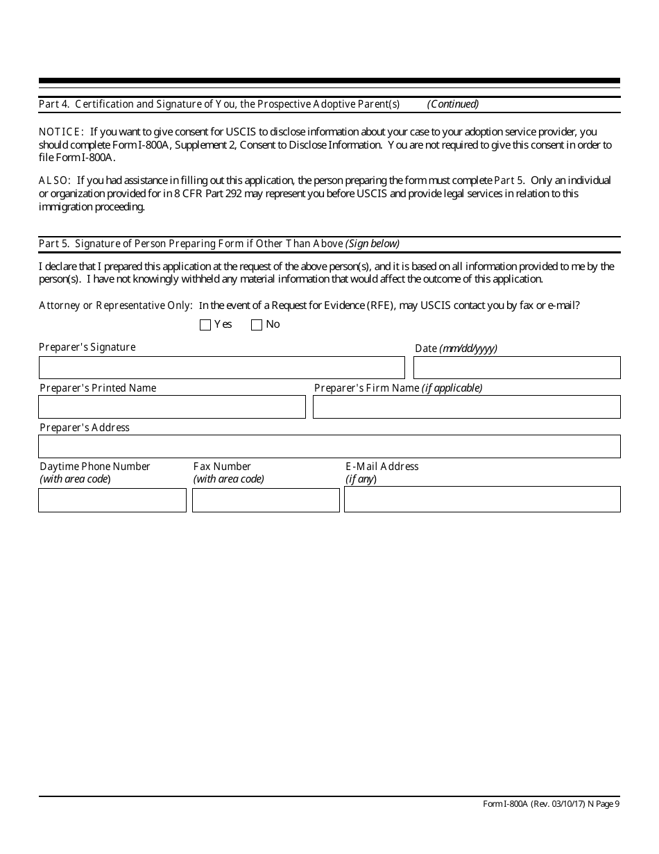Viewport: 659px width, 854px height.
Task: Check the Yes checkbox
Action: pyautogui.click(x=205, y=325)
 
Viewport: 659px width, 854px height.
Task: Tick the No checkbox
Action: pyautogui.click(x=257, y=325)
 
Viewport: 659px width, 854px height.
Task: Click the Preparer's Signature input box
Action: pyautogui.click(x=221, y=367)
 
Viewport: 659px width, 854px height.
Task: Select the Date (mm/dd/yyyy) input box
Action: pyautogui.click(x=517, y=367)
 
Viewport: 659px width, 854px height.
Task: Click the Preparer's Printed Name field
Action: pyautogui.click(x=172, y=407)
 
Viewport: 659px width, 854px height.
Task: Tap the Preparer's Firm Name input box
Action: pyautogui.click(x=466, y=407)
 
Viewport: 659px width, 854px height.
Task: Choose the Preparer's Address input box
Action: pyautogui.click(x=329, y=446)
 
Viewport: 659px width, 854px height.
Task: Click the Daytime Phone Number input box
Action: pyautogui.click(x=112, y=500)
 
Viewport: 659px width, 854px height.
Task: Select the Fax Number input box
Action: pyautogui.click(x=266, y=500)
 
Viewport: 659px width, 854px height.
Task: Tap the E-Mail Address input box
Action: pyautogui.click(x=482, y=499)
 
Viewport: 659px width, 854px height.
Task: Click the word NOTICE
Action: pyautogui.click(x=61, y=132)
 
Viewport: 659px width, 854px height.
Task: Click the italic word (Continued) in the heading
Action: pyautogui.click(x=453, y=104)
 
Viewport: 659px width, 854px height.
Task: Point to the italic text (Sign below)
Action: pyautogui.click(x=373, y=244)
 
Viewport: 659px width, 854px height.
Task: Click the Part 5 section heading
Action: pyautogui.click(x=191, y=244)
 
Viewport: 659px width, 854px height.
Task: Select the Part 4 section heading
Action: pyautogui.click(x=219, y=104)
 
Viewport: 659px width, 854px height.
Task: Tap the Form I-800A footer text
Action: pyautogui.click(x=551, y=804)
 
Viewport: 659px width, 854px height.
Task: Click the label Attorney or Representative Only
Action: pyautogui.click(x=115, y=305)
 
